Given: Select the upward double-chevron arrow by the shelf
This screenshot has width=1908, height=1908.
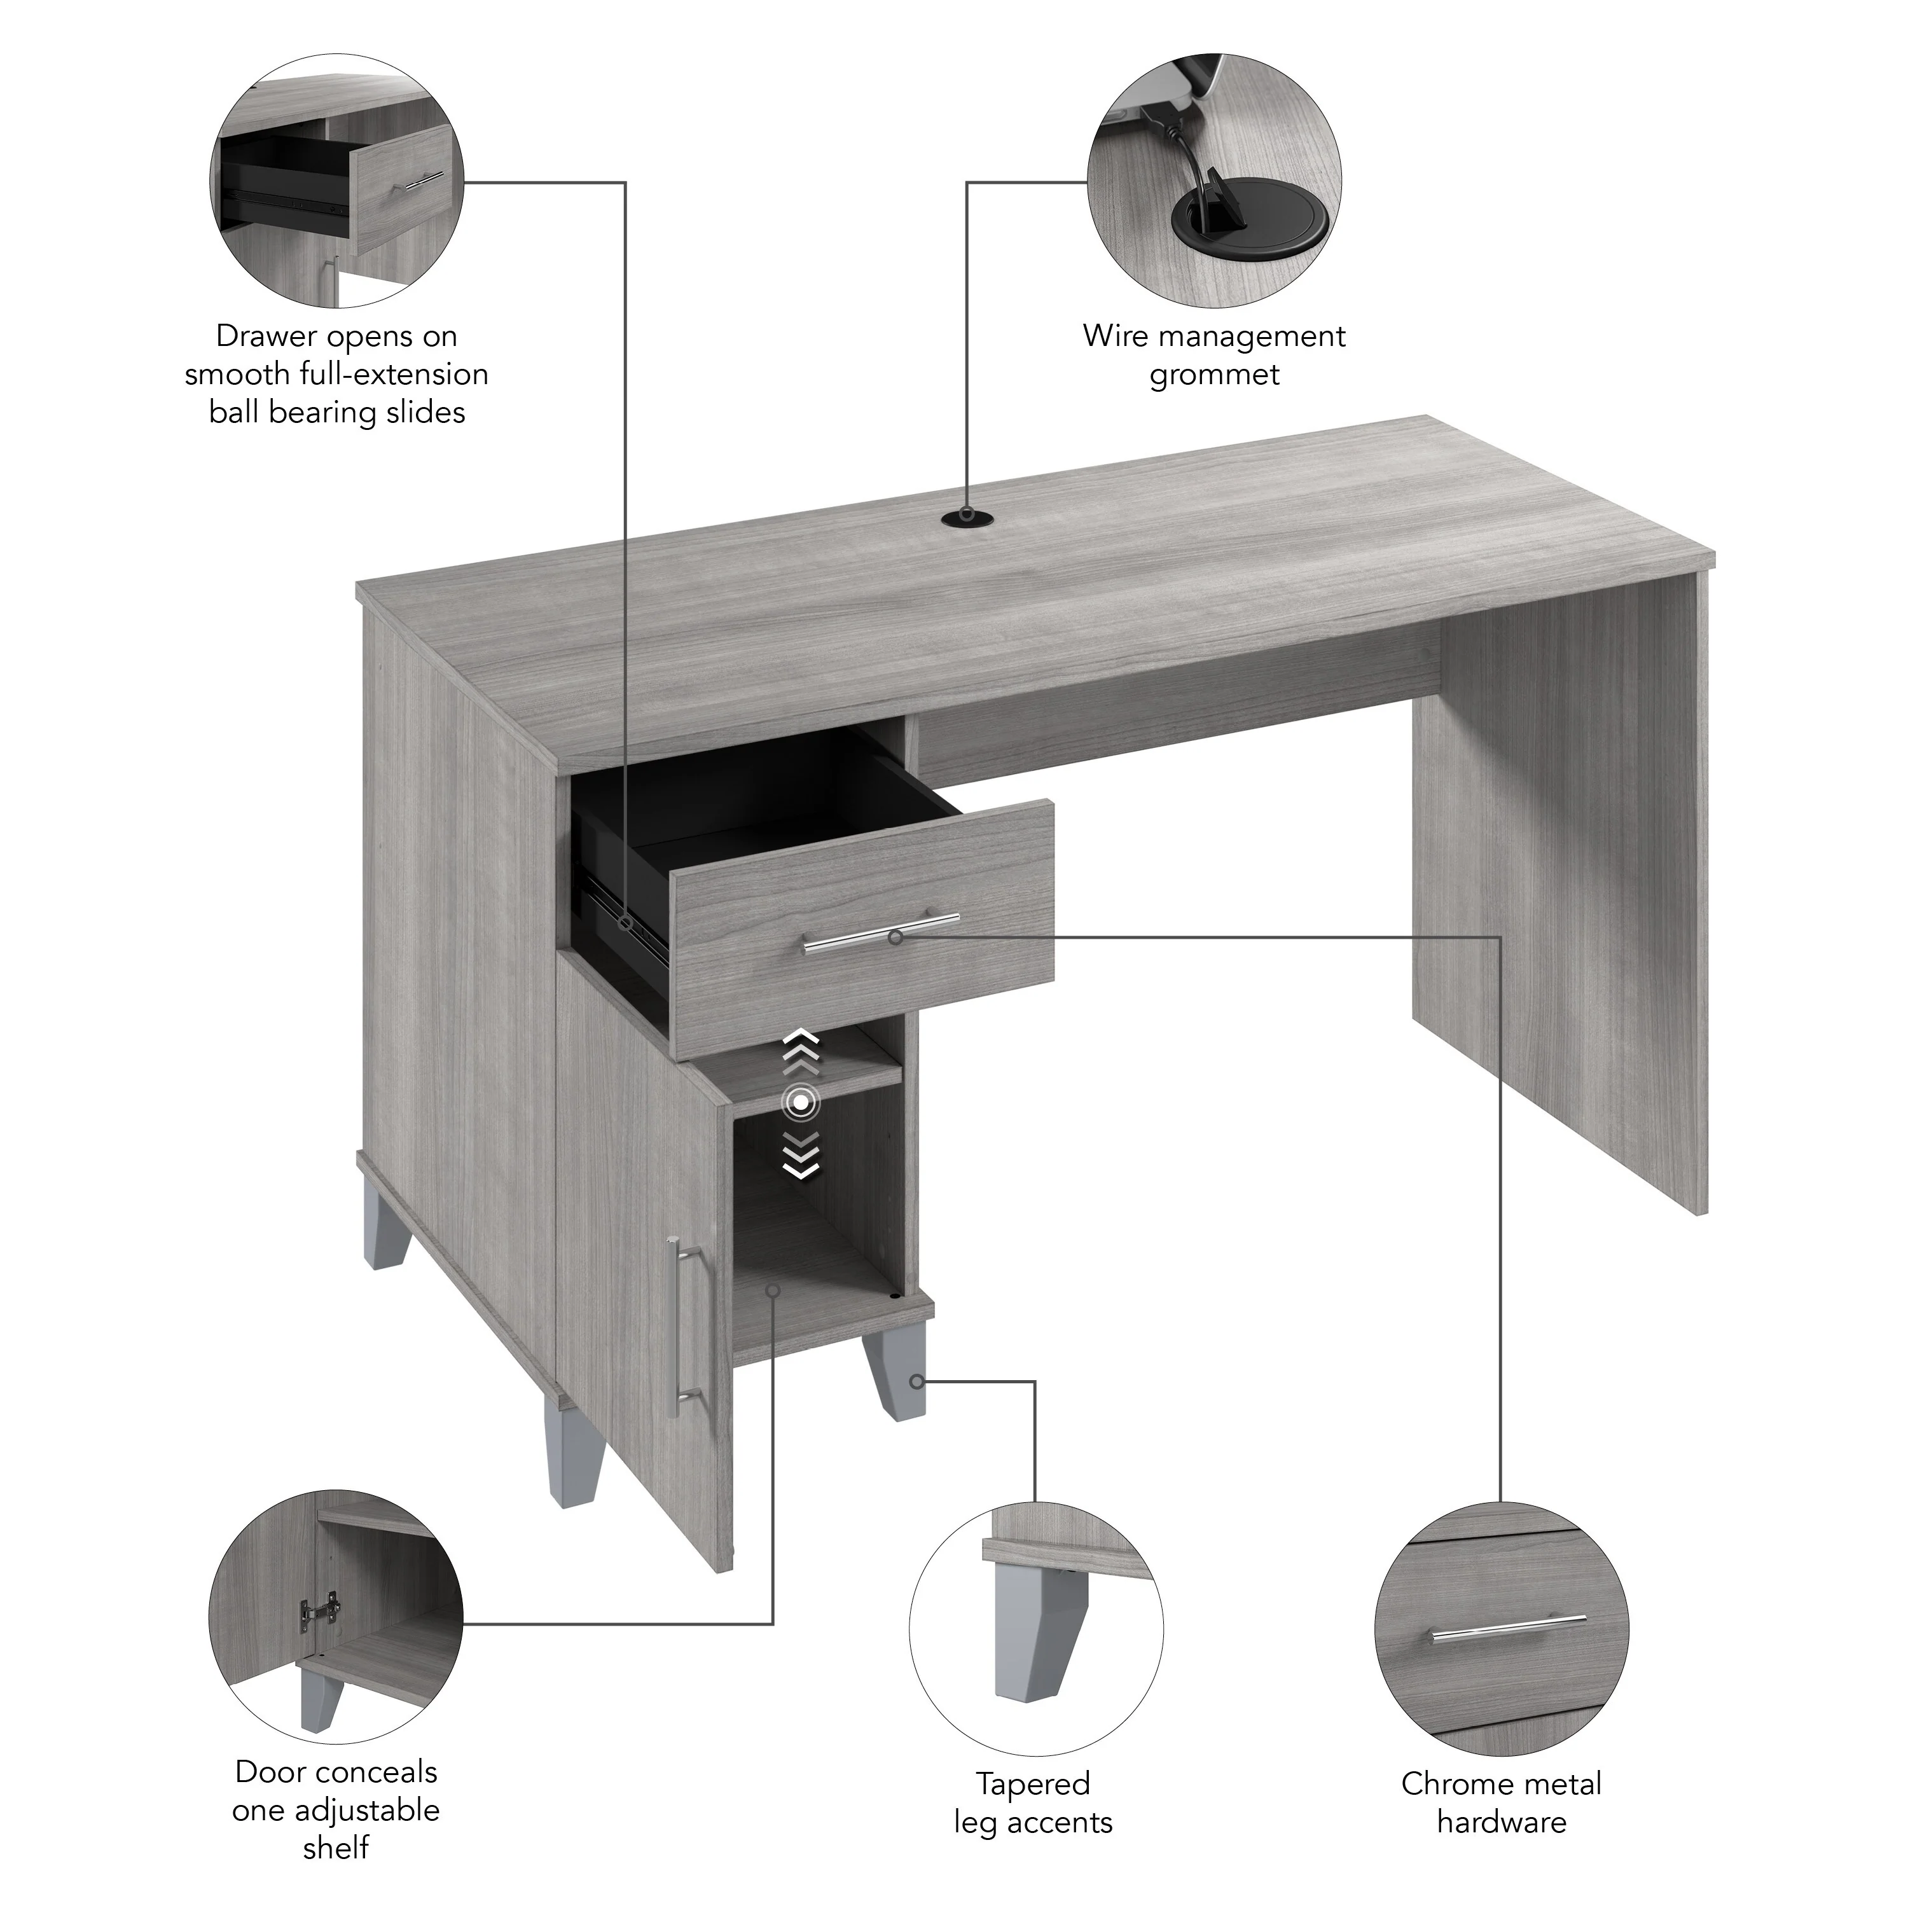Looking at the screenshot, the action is click(801, 1051).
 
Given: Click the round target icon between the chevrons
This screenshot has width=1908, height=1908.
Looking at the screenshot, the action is click(801, 1101).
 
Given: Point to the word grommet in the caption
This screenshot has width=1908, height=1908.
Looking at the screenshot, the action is click(1213, 377).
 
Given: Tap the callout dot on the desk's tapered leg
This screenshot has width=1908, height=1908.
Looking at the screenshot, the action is click(918, 1381).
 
